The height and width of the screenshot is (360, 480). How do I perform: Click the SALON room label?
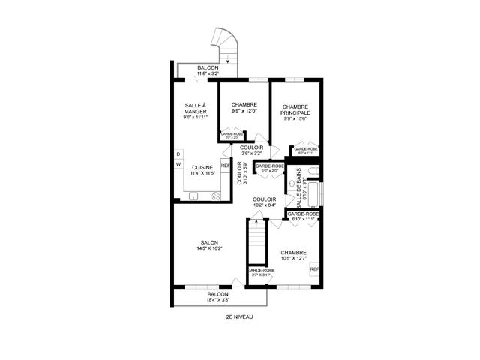pos(208,242)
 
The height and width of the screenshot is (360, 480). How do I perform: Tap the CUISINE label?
pos(202,167)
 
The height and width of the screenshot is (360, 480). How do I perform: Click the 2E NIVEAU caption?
pos(239,316)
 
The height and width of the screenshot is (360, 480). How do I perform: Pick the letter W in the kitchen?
pos(178,164)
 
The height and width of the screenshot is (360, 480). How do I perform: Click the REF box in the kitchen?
pos(225,165)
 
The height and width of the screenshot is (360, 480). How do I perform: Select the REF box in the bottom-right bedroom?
pos(314,269)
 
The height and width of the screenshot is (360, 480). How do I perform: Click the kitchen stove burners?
pos(215,196)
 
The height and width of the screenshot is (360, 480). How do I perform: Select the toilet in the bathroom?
pos(316,170)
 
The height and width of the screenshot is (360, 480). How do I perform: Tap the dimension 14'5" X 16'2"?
pos(209,248)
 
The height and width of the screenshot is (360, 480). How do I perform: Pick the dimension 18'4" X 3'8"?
pos(218,300)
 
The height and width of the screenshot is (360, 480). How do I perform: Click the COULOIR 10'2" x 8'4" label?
pos(265,202)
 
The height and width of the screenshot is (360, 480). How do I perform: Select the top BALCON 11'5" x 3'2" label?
pos(208,71)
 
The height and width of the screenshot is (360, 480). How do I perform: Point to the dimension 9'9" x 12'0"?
pos(244,111)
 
